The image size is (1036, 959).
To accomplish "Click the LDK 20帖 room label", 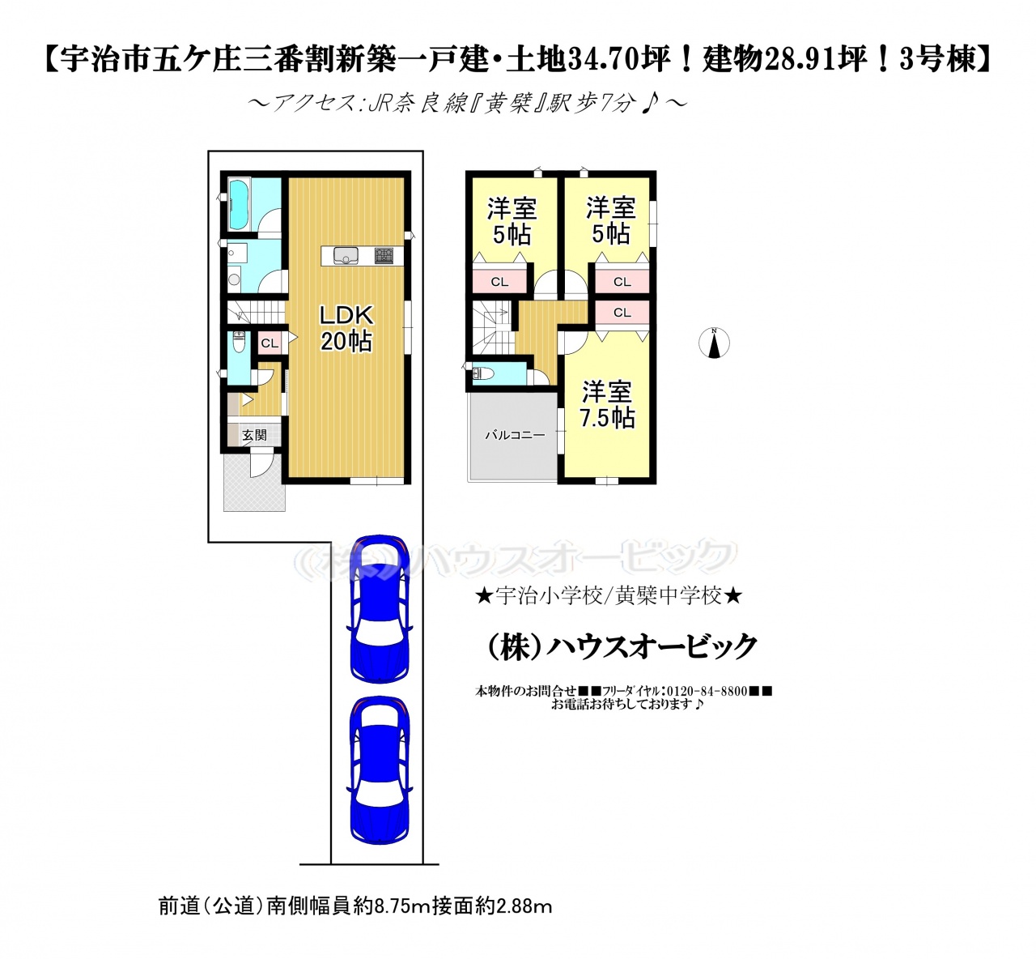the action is point(346,328).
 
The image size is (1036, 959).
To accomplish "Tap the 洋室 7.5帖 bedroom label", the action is point(607,405).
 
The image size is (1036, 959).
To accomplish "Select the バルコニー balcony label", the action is point(516,435).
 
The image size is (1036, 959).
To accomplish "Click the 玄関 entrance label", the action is point(255,435).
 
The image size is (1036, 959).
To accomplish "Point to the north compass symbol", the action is point(714,343).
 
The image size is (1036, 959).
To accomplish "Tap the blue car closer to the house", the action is point(380,609).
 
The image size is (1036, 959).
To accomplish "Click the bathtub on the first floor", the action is point(240,204).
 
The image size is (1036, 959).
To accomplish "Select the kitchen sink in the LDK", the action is point(346,255).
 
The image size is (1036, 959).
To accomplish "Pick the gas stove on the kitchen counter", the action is point(384,255).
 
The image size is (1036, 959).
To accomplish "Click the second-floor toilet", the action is point(483,373).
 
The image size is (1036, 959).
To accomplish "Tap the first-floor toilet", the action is point(239,342).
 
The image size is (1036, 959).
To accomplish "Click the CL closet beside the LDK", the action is point(270,343).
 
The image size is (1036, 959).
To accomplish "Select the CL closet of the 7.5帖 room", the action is point(622,312).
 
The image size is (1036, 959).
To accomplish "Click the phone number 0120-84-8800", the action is point(707,691).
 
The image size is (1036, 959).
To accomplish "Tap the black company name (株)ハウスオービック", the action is point(622,646).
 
